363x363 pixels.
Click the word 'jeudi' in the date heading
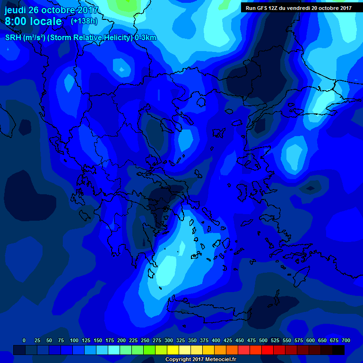(15, 10)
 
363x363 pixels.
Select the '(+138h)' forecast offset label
(85, 21)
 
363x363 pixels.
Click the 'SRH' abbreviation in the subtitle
(13, 38)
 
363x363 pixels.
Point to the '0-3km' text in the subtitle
(146, 38)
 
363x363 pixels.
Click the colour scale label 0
(24, 340)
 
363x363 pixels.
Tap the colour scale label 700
(346, 340)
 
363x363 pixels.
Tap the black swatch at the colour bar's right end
(338, 350)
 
